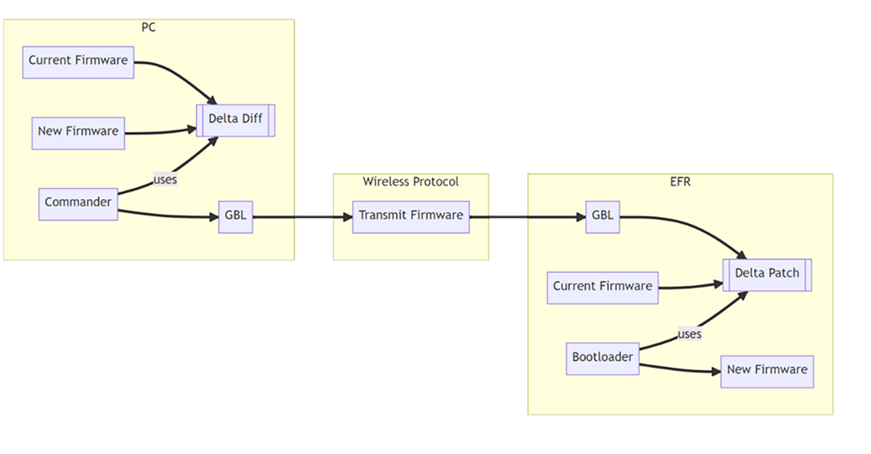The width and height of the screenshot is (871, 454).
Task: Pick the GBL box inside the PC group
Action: pyautogui.click(x=235, y=217)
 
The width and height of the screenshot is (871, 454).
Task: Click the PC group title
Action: pyautogui.click(x=148, y=28)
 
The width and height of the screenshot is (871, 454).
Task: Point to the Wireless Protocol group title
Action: pyautogui.click(x=410, y=182)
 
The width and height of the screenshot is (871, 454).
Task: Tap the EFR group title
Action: pyautogui.click(x=680, y=182)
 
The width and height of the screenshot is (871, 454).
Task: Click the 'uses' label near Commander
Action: pyautogui.click(x=166, y=179)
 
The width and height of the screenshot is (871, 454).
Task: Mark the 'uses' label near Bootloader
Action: pyautogui.click(x=689, y=334)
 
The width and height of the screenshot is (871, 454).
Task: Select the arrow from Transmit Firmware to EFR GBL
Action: pyautogui.click(x=527, y=217)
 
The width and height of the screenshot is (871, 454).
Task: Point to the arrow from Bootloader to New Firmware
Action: pyautogui.click(x=680, y=370)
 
